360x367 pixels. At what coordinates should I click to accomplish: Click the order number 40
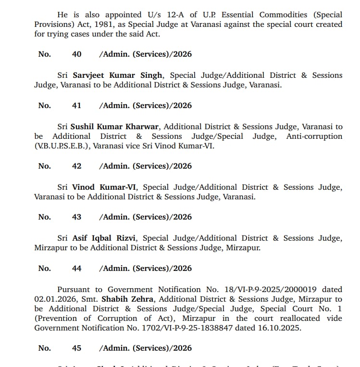[x=76, y=54]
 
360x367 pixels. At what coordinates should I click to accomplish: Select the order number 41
[x=76, y=106]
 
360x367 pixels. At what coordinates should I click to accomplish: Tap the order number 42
[x=76, y=166]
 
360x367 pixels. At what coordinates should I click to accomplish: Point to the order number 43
[x=76, y=217]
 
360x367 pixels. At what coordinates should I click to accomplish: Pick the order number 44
[x=76, y=269]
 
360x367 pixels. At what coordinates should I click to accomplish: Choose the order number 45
[x=76, y=348]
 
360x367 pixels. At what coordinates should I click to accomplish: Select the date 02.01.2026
[x=50, y=299]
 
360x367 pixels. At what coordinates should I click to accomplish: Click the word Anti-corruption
[x=314, y=136]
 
